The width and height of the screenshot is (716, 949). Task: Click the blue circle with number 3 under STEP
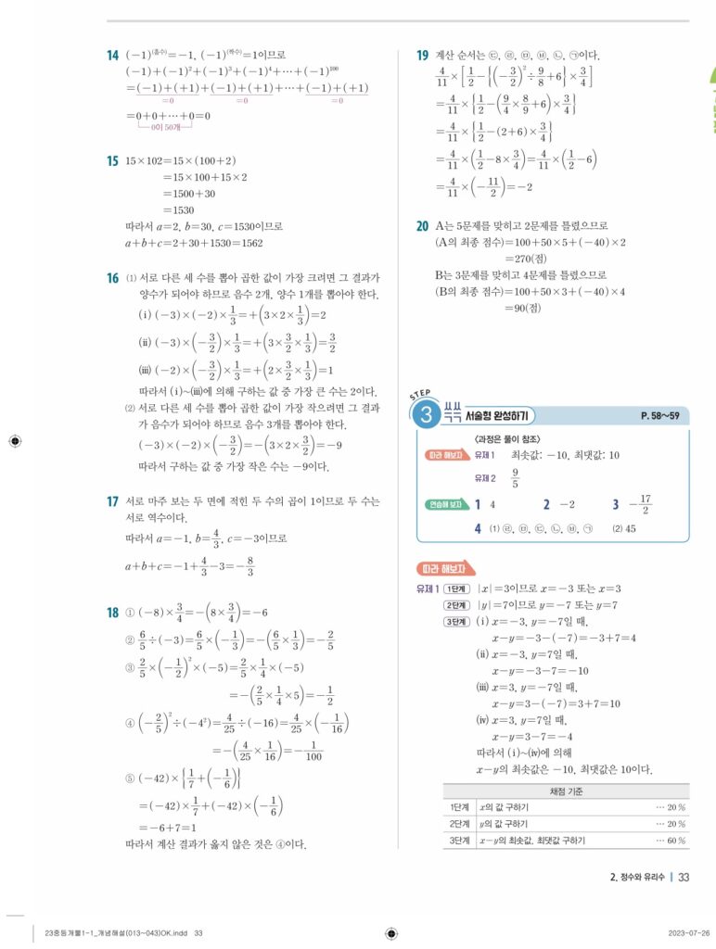pos(428,415)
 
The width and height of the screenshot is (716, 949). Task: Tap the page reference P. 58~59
pos(660,415)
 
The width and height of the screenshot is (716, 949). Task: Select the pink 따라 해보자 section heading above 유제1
pos(447,568)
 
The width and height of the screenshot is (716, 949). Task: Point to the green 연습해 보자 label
pos(445,504)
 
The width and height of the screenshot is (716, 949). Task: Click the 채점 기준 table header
pos(569,791)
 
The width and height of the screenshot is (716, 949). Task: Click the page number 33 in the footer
pos(684,877)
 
